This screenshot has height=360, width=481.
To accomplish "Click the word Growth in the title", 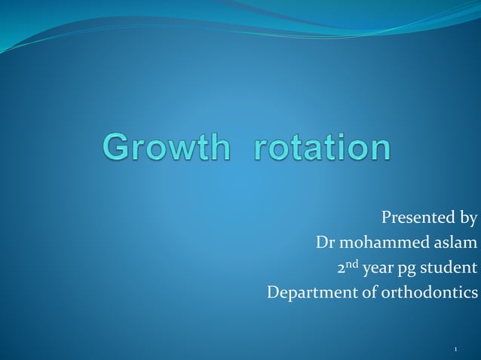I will coord(166,148).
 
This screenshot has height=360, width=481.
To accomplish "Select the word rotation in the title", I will coord(323,148).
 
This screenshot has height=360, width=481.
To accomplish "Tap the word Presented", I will coord(417,219).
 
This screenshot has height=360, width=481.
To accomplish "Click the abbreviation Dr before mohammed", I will coord(324,243).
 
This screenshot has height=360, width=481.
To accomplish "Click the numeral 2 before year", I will coord(340,268).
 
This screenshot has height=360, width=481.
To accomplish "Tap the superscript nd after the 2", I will coord(352,264).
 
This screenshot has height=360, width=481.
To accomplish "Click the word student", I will coord(452,267).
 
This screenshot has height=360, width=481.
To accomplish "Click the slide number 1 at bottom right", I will coord(456,349).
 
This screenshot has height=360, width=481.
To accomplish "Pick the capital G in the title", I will coord(117,148).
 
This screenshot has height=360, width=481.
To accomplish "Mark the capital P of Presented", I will coord(388,219).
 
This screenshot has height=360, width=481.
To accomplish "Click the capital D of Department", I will coord(273,291).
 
